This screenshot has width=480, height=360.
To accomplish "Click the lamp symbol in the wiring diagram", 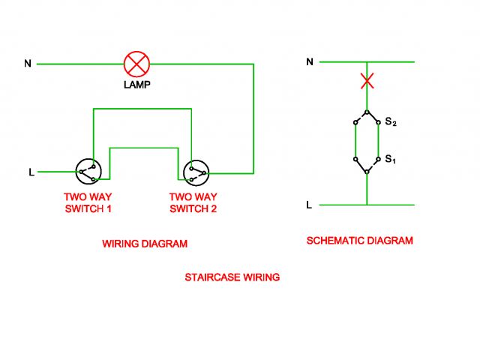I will (x=137, y=64).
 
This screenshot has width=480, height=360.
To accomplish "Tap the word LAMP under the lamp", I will (x=137, y=85).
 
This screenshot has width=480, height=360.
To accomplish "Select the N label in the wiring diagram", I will (x=28, y=64).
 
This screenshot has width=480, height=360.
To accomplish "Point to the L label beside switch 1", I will (x=31, y=172).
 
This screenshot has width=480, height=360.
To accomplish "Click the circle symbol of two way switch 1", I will (x=87, y=172).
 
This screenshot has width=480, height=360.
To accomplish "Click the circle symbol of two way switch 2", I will (x=196, y=172).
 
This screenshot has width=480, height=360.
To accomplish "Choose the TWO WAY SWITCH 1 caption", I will (x=88, y=202).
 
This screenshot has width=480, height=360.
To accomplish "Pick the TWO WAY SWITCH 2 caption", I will (x=193, y=202).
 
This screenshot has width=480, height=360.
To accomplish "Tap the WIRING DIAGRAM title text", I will (x=145, y=244).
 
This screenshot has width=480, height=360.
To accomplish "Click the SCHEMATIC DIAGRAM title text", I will (x=360, y=241).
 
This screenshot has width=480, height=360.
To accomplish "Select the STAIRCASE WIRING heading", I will (x=232, y=277).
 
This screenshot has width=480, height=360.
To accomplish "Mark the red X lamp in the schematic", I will (x=367, y=81).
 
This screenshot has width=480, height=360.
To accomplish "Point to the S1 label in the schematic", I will (x=390, y=159).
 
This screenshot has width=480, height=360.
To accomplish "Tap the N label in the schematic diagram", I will (x=309, y=61).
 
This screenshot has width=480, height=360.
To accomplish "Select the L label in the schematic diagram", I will (x=309, y=205).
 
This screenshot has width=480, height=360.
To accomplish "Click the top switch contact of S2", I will (x=367, y=112).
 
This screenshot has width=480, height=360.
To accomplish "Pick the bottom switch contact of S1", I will (x=367, y=171).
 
